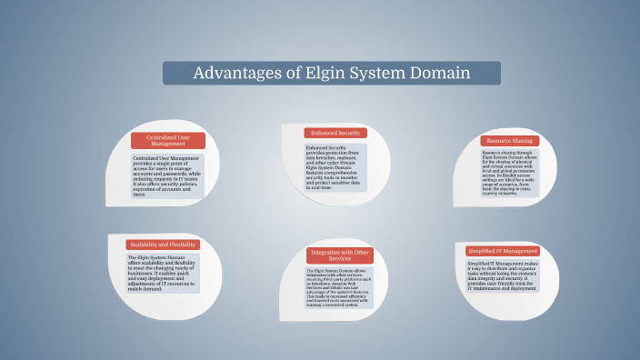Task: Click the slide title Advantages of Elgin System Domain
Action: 331,73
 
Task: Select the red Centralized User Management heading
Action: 168,140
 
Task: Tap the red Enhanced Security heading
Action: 335,133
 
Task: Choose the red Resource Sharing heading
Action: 509,141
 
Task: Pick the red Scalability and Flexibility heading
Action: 164,245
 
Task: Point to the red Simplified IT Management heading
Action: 502,250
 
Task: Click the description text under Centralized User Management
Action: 167,175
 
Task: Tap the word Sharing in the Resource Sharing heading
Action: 524,141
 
